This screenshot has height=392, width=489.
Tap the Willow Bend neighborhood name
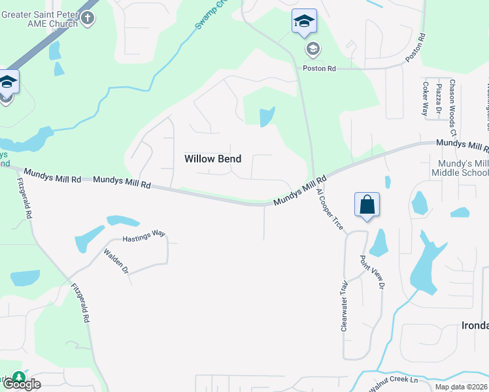(212, 159)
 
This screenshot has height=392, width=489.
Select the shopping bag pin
(367, 205)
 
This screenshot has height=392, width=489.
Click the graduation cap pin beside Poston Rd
(304, 22)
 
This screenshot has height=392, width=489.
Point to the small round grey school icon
(312, 49)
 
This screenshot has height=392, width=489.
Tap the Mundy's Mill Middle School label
(460, 168)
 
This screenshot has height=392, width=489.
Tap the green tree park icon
(20, 378)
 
